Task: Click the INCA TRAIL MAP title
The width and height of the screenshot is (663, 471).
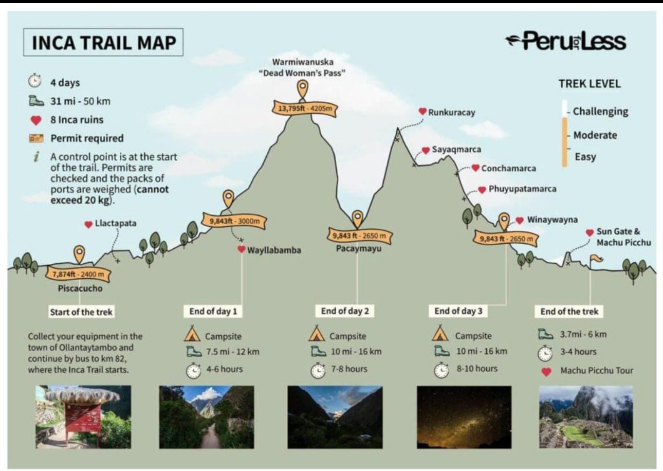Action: point(103,42)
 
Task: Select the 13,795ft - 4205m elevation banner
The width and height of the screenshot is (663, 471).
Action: point(305,108)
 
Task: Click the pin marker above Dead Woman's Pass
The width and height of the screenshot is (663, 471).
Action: point(303,88)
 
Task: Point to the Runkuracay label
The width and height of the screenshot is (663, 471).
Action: point(451,113)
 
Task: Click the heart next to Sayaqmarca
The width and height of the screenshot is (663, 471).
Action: point(426,150)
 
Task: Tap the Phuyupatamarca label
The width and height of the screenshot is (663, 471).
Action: point(522,189)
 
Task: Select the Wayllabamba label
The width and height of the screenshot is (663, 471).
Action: point(274,250)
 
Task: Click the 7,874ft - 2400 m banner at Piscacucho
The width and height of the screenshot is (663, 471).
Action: point(78,275)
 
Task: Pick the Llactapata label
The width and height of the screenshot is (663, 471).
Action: point(116,223)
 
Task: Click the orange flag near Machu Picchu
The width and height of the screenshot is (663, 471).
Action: point(596,259)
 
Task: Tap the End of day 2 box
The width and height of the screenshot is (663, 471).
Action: point(345,311)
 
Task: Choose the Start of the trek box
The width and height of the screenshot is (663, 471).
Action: point(81,312)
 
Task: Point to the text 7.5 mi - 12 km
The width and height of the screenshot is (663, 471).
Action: point(233,352)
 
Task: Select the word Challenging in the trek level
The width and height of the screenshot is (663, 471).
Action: point(600,112)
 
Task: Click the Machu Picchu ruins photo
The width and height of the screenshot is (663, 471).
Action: point(586,417)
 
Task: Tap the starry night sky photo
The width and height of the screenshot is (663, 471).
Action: point(464,417)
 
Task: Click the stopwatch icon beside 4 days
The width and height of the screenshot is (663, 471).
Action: point(34,80)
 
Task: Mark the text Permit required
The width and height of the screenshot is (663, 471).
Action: point(87,138)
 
